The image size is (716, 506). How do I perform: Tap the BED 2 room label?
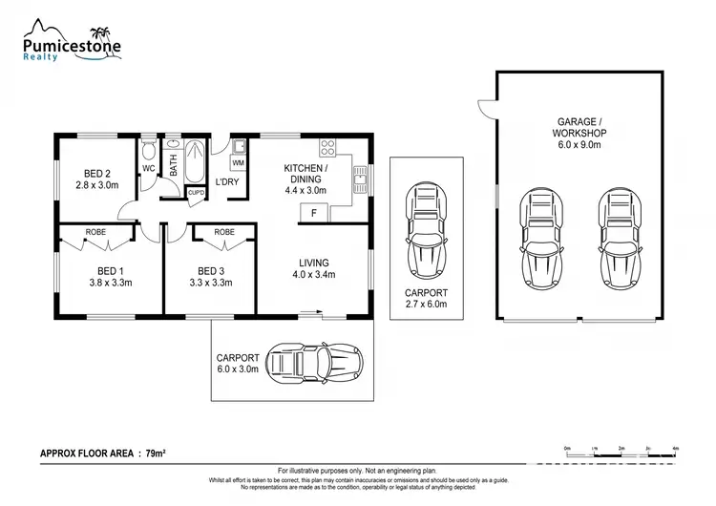click(96, 173)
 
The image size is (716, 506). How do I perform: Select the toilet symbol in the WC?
click(149, 153)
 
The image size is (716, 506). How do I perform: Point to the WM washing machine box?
click(237, 163)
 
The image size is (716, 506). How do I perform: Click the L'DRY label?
click(226, 181)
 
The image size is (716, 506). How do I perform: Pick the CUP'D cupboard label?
click(196, 192)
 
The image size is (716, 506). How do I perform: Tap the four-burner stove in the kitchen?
click(327, 148)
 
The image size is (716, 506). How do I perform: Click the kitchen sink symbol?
click(360, 177)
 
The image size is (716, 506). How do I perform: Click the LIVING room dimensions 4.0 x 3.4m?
click(313, 275)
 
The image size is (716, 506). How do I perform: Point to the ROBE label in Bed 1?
click(95, 232)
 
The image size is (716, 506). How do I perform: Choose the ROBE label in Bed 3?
click(224, 232)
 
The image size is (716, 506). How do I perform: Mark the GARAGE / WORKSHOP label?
click(579, 128)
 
